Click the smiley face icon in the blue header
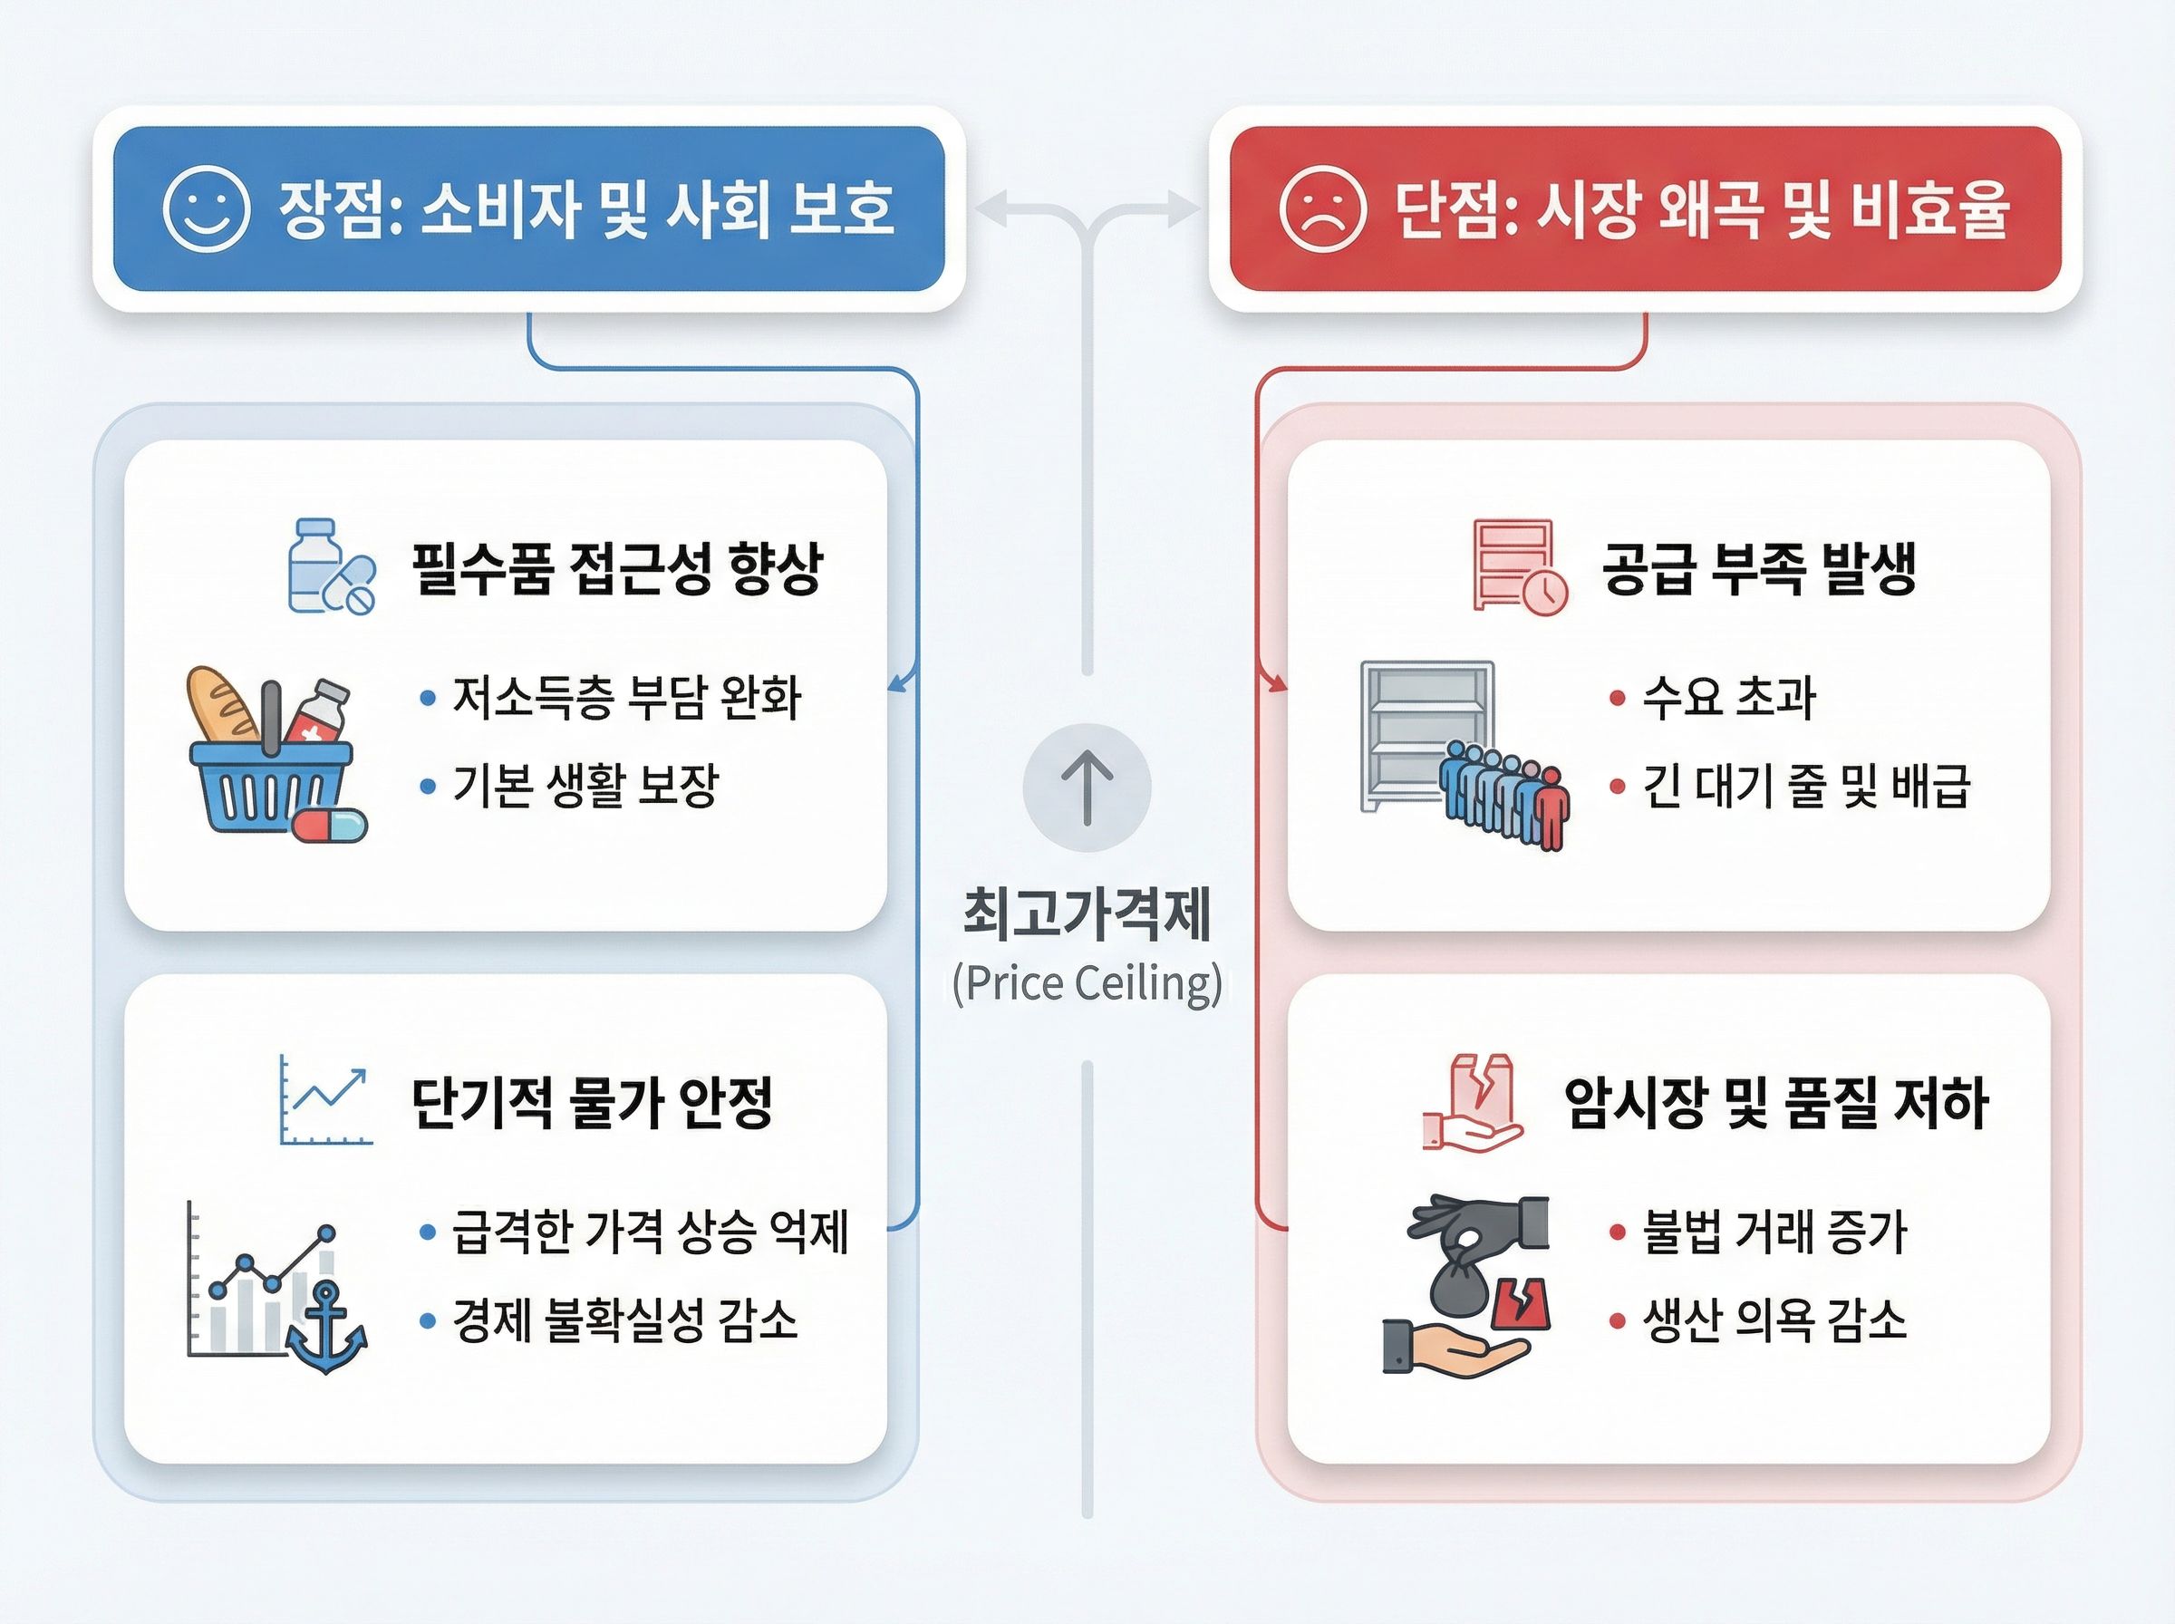point(206,208)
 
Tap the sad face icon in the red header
point(1322,208)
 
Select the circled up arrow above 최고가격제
point(1087,788)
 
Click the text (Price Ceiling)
point(1087,983)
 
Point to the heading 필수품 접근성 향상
point(616,568)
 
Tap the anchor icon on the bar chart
point(326,1327)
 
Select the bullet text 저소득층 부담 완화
point(626,697)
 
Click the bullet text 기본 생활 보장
point(585,785)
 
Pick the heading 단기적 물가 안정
point(592,1102)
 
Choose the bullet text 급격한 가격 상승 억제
point(650,1232)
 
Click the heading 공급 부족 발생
point(1759,568)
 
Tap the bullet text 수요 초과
point(1729,697)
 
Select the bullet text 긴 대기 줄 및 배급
point(1806,785)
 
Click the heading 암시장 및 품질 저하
point(1776,1102)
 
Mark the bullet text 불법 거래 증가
point(1775,1232)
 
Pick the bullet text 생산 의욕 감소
point(1775,1319)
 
